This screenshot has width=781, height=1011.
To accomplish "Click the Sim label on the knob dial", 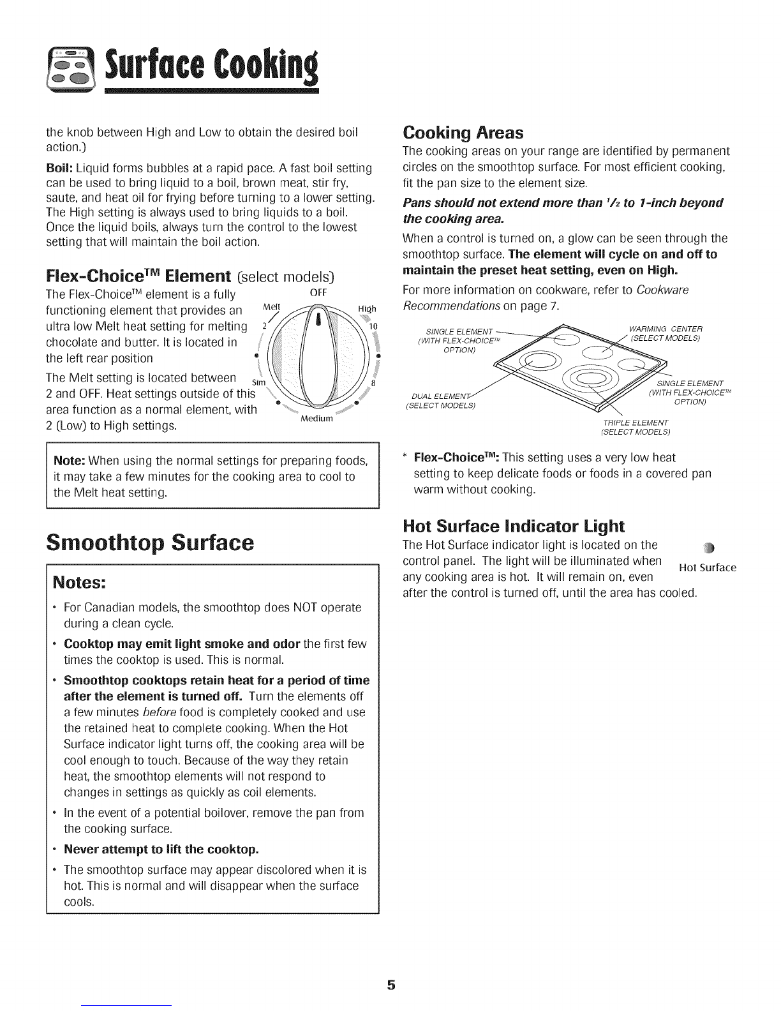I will click(x=259, y=382).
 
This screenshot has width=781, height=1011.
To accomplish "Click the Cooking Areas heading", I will click(x=463, y=133).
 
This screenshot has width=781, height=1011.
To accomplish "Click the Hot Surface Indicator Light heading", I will click(x=514, y=526).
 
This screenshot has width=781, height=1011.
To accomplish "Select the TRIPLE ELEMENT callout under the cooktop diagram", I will click(x=635, y=428).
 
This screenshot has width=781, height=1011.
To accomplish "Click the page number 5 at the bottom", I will click(x=390, y=984).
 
